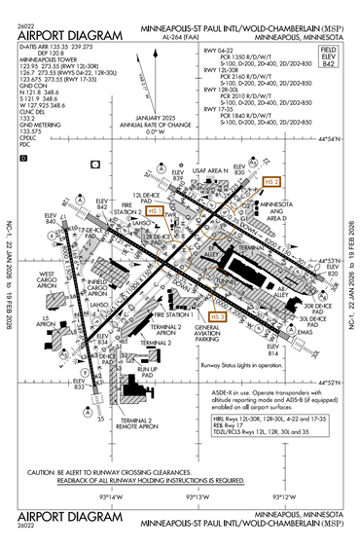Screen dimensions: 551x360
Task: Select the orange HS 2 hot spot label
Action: tap(272, 182)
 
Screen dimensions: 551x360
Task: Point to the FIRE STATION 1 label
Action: tap(169, 315)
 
